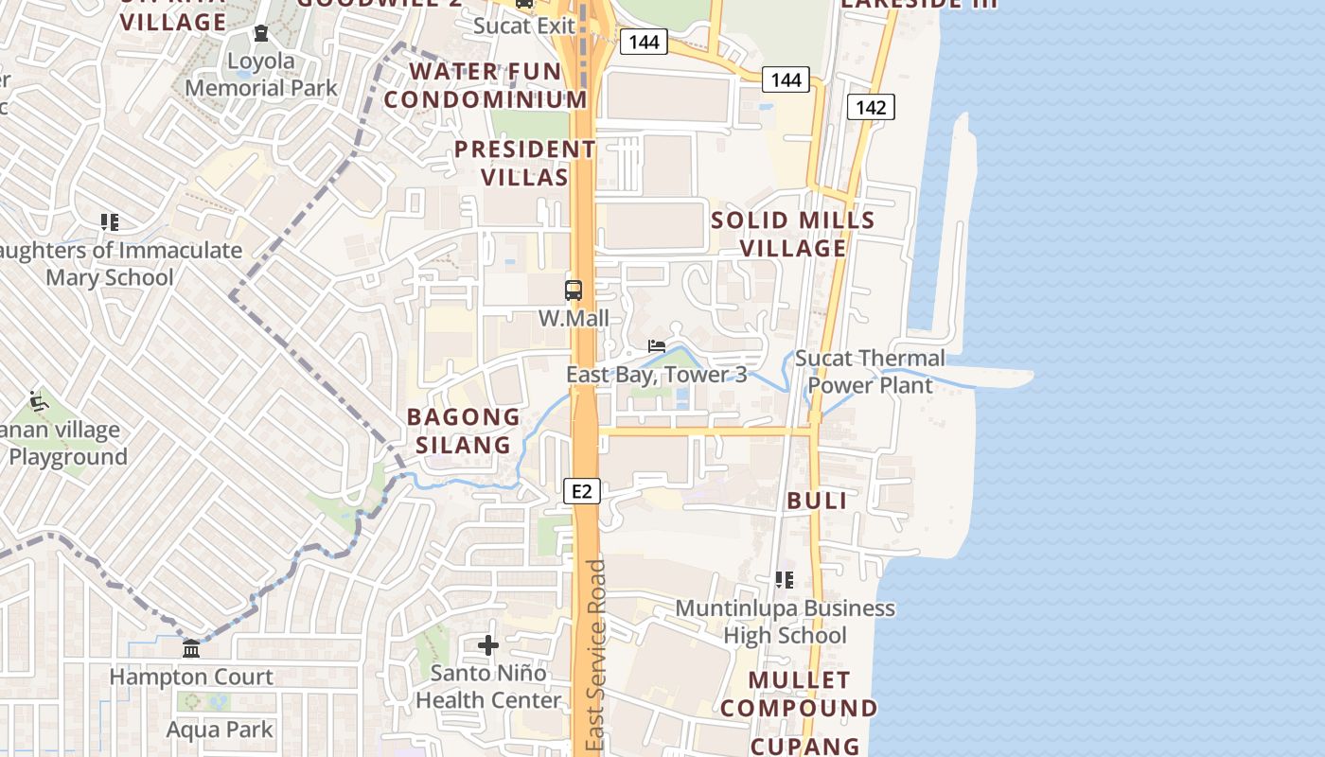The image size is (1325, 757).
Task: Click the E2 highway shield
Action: coord(582,490)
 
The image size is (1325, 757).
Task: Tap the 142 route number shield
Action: coord(870,107)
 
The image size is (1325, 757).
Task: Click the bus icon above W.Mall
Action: coord(574,290)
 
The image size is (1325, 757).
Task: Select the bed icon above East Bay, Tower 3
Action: coord(657,346)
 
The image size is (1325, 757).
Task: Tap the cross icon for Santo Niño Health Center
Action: coord(488,645)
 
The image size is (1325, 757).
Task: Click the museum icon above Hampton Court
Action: coord(191,649)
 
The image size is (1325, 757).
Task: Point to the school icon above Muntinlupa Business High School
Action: coord(785,579)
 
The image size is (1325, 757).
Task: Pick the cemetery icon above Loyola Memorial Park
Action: coord(261,34)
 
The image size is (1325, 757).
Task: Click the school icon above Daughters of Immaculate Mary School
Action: coord(110,222)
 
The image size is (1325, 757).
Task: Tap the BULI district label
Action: coord(818,501)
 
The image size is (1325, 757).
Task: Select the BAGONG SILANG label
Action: coord(464,431)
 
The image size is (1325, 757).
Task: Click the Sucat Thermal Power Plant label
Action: coord(870,372)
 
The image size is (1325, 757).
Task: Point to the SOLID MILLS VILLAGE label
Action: coord(793,234)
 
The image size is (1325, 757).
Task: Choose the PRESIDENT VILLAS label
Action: coord(524,163)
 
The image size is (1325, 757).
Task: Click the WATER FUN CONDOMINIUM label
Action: coord(486,85)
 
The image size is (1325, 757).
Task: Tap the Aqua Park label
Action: coord(220,730)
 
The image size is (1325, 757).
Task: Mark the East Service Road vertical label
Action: coord(595,656)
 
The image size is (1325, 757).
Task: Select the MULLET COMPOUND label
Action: coord(800,694)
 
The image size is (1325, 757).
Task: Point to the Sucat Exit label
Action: coord(524,26)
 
